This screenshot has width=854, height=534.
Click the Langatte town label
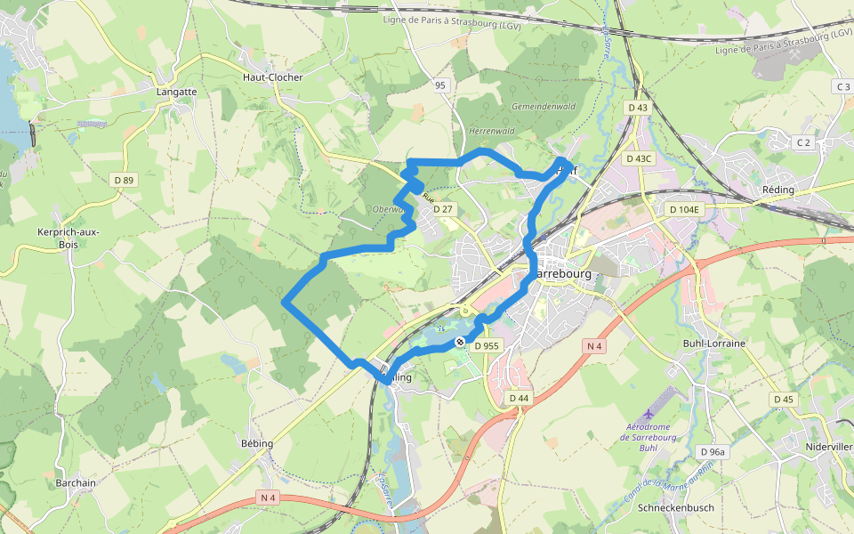176,92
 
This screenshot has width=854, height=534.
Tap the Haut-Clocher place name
272,77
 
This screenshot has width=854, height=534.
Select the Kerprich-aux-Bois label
68,238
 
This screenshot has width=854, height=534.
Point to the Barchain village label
76,483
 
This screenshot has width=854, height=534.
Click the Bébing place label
257,442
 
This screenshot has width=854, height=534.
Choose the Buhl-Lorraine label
713,343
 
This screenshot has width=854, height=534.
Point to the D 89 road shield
124,181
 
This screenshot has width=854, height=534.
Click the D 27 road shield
443,209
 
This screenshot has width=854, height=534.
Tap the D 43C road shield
639,159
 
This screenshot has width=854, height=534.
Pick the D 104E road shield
684,209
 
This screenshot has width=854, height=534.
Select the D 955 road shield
488,345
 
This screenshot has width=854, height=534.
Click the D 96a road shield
713,452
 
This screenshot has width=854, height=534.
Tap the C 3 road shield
843,86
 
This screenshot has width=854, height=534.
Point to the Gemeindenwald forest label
543,107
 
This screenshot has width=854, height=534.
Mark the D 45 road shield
783,400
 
